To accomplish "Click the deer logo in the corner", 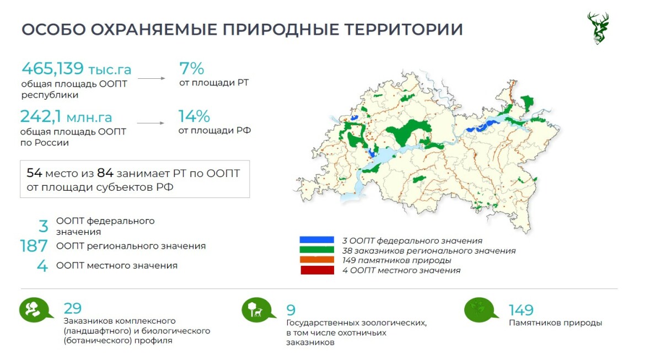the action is point(598,28).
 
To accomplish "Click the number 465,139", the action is point(53,68).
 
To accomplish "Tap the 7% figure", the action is point(191,68).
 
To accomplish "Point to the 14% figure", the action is point(193,116).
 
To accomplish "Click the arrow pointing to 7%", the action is point(152,78).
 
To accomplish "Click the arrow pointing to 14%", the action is point(150,123).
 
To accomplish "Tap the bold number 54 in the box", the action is point(34,173).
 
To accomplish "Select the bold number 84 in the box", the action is point(105,173).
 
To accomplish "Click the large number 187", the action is point(34,246).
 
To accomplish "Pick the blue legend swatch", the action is point(317,240).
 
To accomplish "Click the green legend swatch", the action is point(317,250).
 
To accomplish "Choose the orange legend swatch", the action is point(317,260).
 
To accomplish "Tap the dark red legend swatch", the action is point(317,270).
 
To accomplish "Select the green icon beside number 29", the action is point(35,309).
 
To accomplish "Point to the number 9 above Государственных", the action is point(291,310).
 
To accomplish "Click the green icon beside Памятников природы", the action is point(480,310).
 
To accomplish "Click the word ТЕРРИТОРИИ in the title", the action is point(404,30).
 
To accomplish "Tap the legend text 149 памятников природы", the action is point(396,260).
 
